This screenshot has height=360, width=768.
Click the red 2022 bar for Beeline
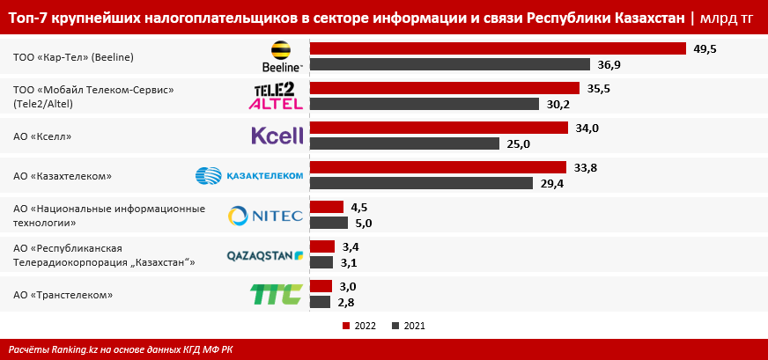coord(498,48)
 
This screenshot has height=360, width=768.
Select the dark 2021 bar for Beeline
coord(450,64)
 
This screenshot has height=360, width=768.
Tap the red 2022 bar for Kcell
coord(439,128)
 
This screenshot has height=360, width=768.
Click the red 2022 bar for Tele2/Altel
coord(445,88)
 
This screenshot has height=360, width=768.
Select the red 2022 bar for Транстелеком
coord(321,286)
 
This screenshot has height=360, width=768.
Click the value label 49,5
coord(705,49)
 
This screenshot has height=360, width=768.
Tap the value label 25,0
coord(517,144)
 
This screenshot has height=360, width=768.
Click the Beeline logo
coord(283,56)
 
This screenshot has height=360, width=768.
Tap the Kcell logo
coord(277,136)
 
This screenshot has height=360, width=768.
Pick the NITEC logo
coord(265,216)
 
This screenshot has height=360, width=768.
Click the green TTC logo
coord(277,294)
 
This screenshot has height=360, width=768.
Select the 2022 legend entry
coord(359,326)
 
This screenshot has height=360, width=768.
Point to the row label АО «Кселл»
coord(42,136)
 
